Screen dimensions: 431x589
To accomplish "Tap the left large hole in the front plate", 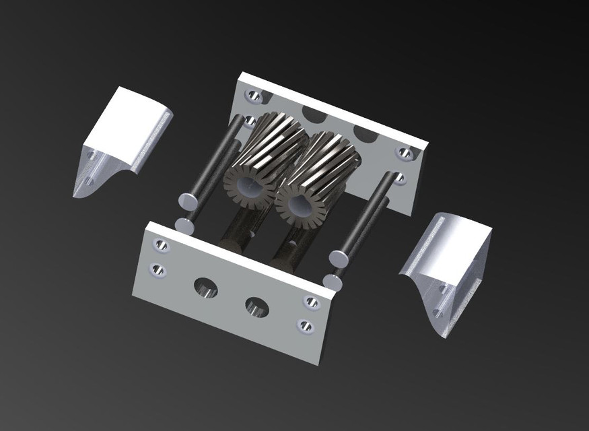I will click(x=206, y=289).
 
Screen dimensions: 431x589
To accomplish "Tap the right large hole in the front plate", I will click(x=257, y=307).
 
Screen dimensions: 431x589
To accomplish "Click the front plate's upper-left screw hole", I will click(x=162, y=246).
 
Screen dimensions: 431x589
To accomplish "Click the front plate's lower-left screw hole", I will click(x=157, y=270).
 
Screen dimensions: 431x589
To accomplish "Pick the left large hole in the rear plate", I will click(x=314, y=114).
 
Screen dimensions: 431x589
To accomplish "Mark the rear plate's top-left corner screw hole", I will click(x=254, y=96).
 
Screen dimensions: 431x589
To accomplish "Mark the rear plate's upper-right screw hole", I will click(x=405, y=154).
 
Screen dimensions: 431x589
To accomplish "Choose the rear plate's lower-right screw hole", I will click(x=399, y=178).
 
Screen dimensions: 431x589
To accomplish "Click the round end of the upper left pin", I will click(x=188, y=201).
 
